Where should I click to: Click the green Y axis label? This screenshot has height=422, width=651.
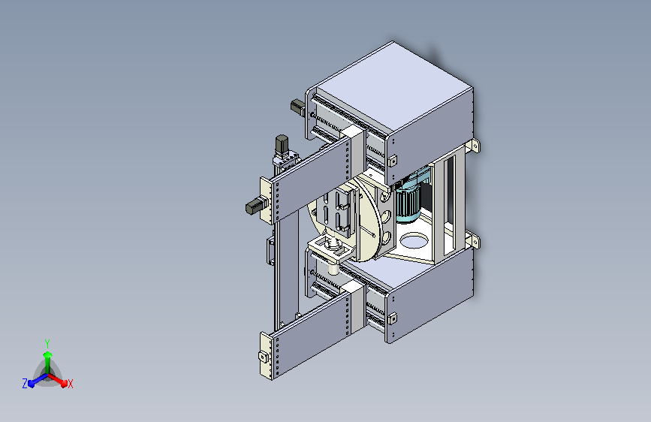tap(47, 343)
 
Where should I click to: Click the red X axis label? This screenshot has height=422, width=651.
tap(70, 384)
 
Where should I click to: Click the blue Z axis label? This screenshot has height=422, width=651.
tap(25, 384)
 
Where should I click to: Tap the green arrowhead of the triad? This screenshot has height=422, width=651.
tap(48, 354)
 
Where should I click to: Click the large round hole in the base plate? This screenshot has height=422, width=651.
tap(414, 240)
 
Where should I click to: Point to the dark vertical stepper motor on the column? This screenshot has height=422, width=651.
tap(282, 144)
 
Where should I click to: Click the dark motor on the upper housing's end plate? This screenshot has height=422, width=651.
tap(297, 106)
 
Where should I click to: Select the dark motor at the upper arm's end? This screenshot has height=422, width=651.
tap(254, 206)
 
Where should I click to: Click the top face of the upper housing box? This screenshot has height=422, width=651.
tap(393, 86)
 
